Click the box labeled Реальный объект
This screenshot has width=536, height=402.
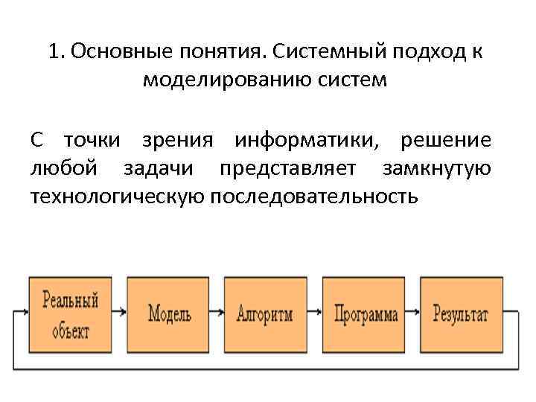tap(71, 314)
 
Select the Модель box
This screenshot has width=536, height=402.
tap(169, 314)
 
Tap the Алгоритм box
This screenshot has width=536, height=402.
tap(265, 314)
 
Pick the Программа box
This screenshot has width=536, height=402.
tap(364, 314)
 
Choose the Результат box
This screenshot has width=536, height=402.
tap(462, 314)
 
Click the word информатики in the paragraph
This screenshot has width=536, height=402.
tap(312, 141)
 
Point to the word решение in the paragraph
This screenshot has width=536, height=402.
tap(445, 141)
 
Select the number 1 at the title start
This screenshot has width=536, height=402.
tap(54, 53)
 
